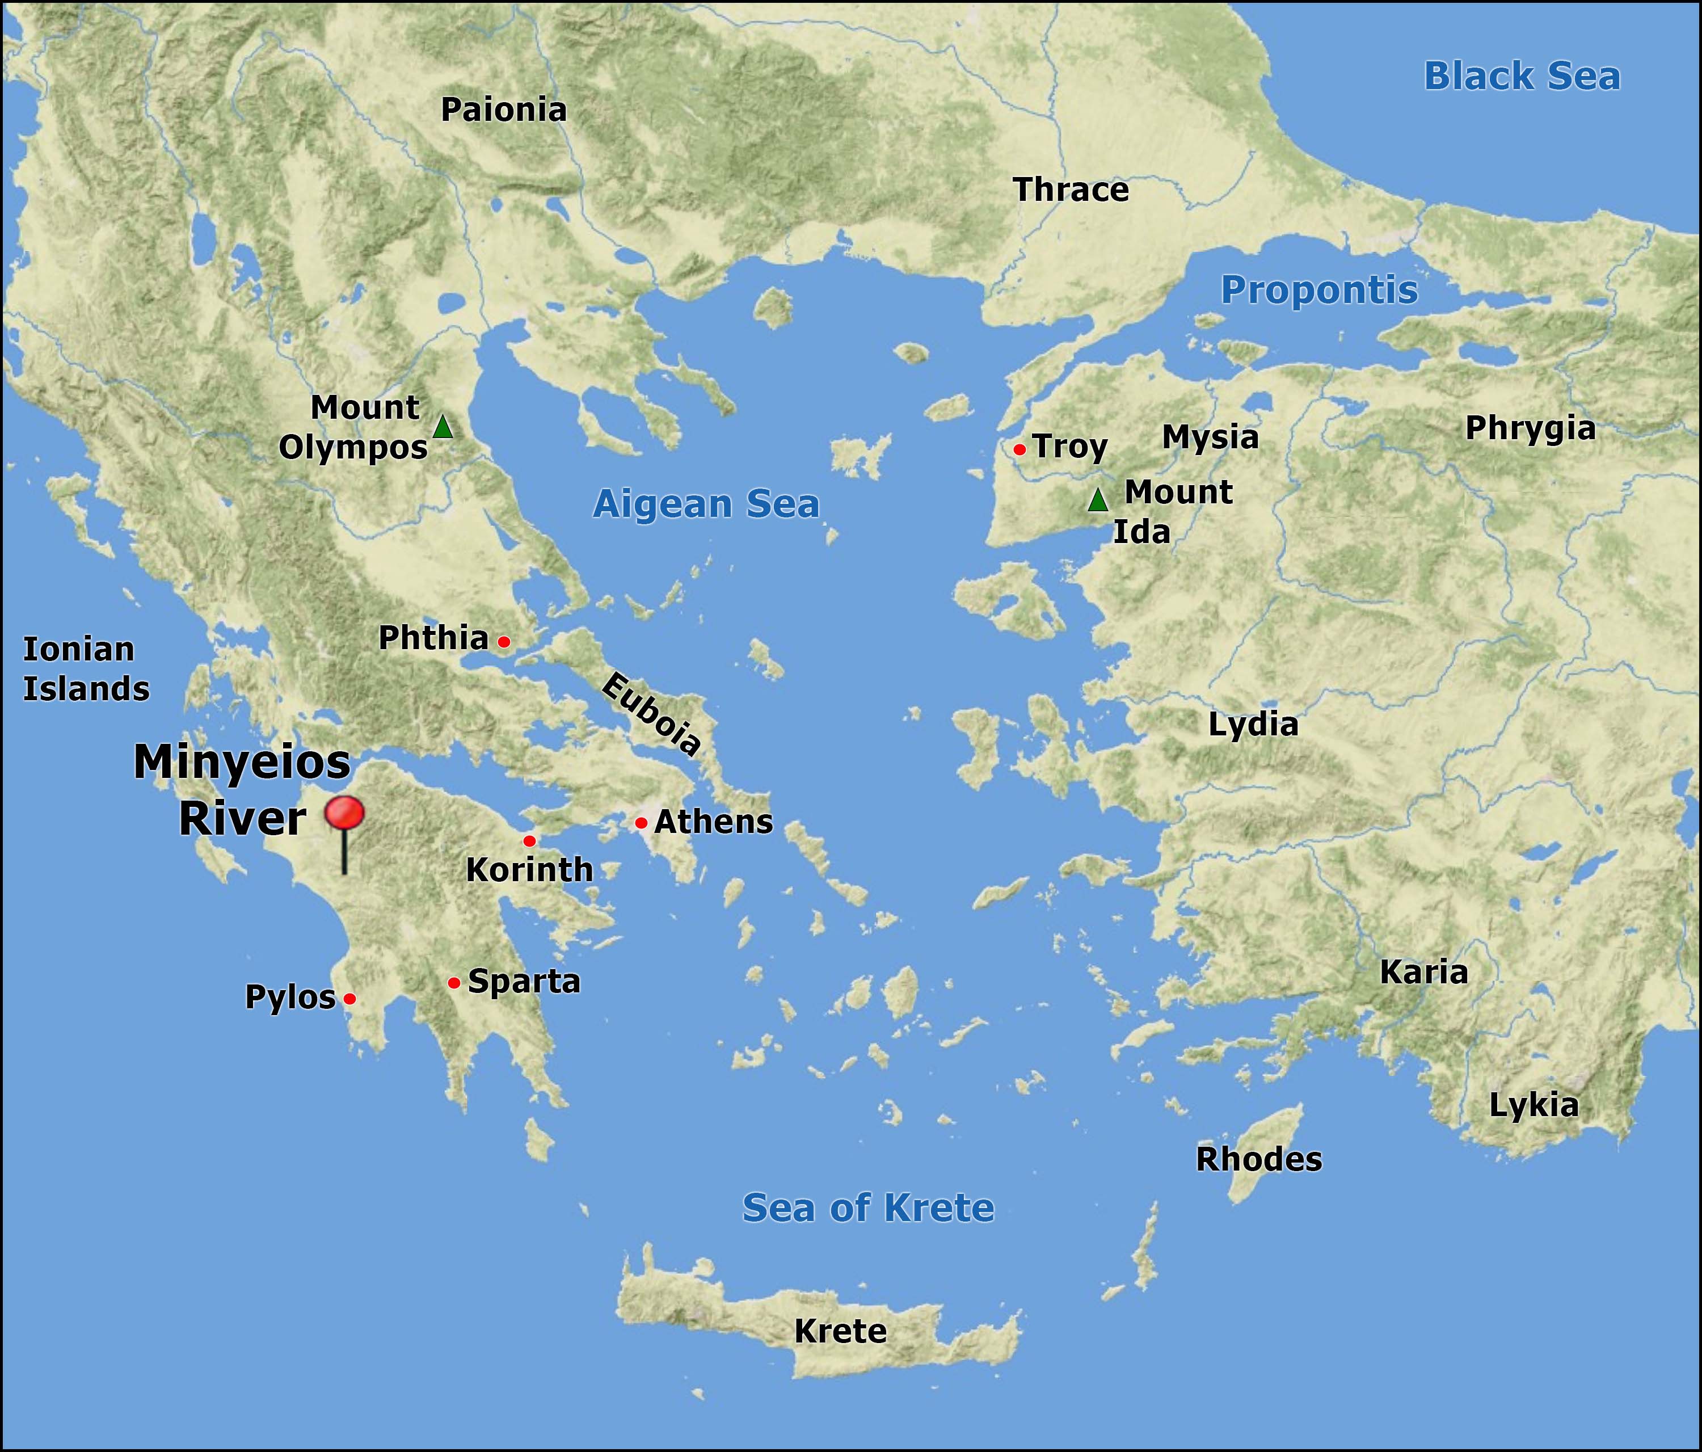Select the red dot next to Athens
click(x=641, y=823)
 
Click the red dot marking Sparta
click(x=453, y=983)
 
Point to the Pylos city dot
click(x=349, y=999)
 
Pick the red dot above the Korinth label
click(x=529, y=841)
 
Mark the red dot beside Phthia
click(x=504, y=642)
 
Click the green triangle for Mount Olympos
click(x=443, y=427)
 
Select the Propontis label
click(x=1319, y=290)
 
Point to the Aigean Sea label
click(x=706, y=504)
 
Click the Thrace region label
click(x=1071, y=190)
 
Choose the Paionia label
click(x=504, y=110)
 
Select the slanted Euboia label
click(x=651, y=713)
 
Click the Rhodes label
click(x=1258, y=1159)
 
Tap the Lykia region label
click(x=1534, y=1105)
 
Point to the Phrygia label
click(x=1530, y=428)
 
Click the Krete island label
click(x=840, y=1331)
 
